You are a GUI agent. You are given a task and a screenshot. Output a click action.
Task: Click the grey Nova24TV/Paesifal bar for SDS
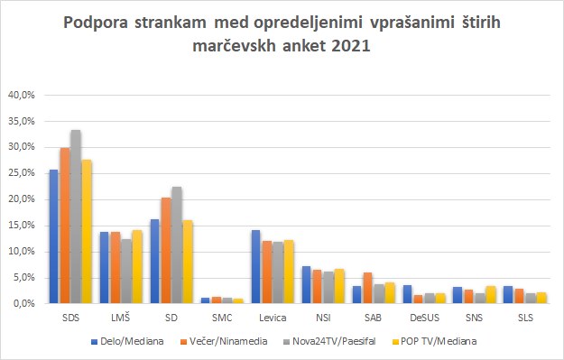(76, 217)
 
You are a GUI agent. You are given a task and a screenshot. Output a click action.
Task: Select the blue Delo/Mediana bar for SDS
(53, 236)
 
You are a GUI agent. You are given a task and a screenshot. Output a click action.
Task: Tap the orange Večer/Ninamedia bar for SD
(166, 251)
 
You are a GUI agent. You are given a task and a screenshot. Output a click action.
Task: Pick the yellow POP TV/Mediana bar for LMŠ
(137, 267)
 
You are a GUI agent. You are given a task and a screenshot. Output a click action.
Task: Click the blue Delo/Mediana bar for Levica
(255, 267)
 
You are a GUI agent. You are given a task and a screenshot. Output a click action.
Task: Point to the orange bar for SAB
(367, 288)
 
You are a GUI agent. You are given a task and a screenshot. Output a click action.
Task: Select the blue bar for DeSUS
(408, 294)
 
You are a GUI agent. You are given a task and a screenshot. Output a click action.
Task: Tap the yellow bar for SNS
(491, 295)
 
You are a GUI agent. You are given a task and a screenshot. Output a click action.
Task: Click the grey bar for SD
(177, 245)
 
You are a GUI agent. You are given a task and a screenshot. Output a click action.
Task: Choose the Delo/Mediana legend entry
(128, 341)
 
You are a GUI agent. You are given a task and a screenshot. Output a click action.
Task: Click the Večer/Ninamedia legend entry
(224, 341)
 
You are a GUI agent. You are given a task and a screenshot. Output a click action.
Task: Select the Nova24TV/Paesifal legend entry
(329, 341)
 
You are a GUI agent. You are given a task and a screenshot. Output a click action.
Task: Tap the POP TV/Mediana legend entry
(434, 341)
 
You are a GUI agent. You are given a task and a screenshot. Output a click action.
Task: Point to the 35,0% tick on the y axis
(22, 121)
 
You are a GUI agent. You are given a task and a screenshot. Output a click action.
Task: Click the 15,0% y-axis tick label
(22, 226)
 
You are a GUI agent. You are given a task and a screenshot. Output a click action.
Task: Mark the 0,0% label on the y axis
(23, 303)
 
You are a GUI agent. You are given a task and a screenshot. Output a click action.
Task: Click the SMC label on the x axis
(222, 318)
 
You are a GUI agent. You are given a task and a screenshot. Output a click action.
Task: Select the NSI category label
(323, 318)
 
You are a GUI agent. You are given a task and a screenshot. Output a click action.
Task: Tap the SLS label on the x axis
(525, 318)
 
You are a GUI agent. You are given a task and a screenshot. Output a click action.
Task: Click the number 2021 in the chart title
(351, 46)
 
